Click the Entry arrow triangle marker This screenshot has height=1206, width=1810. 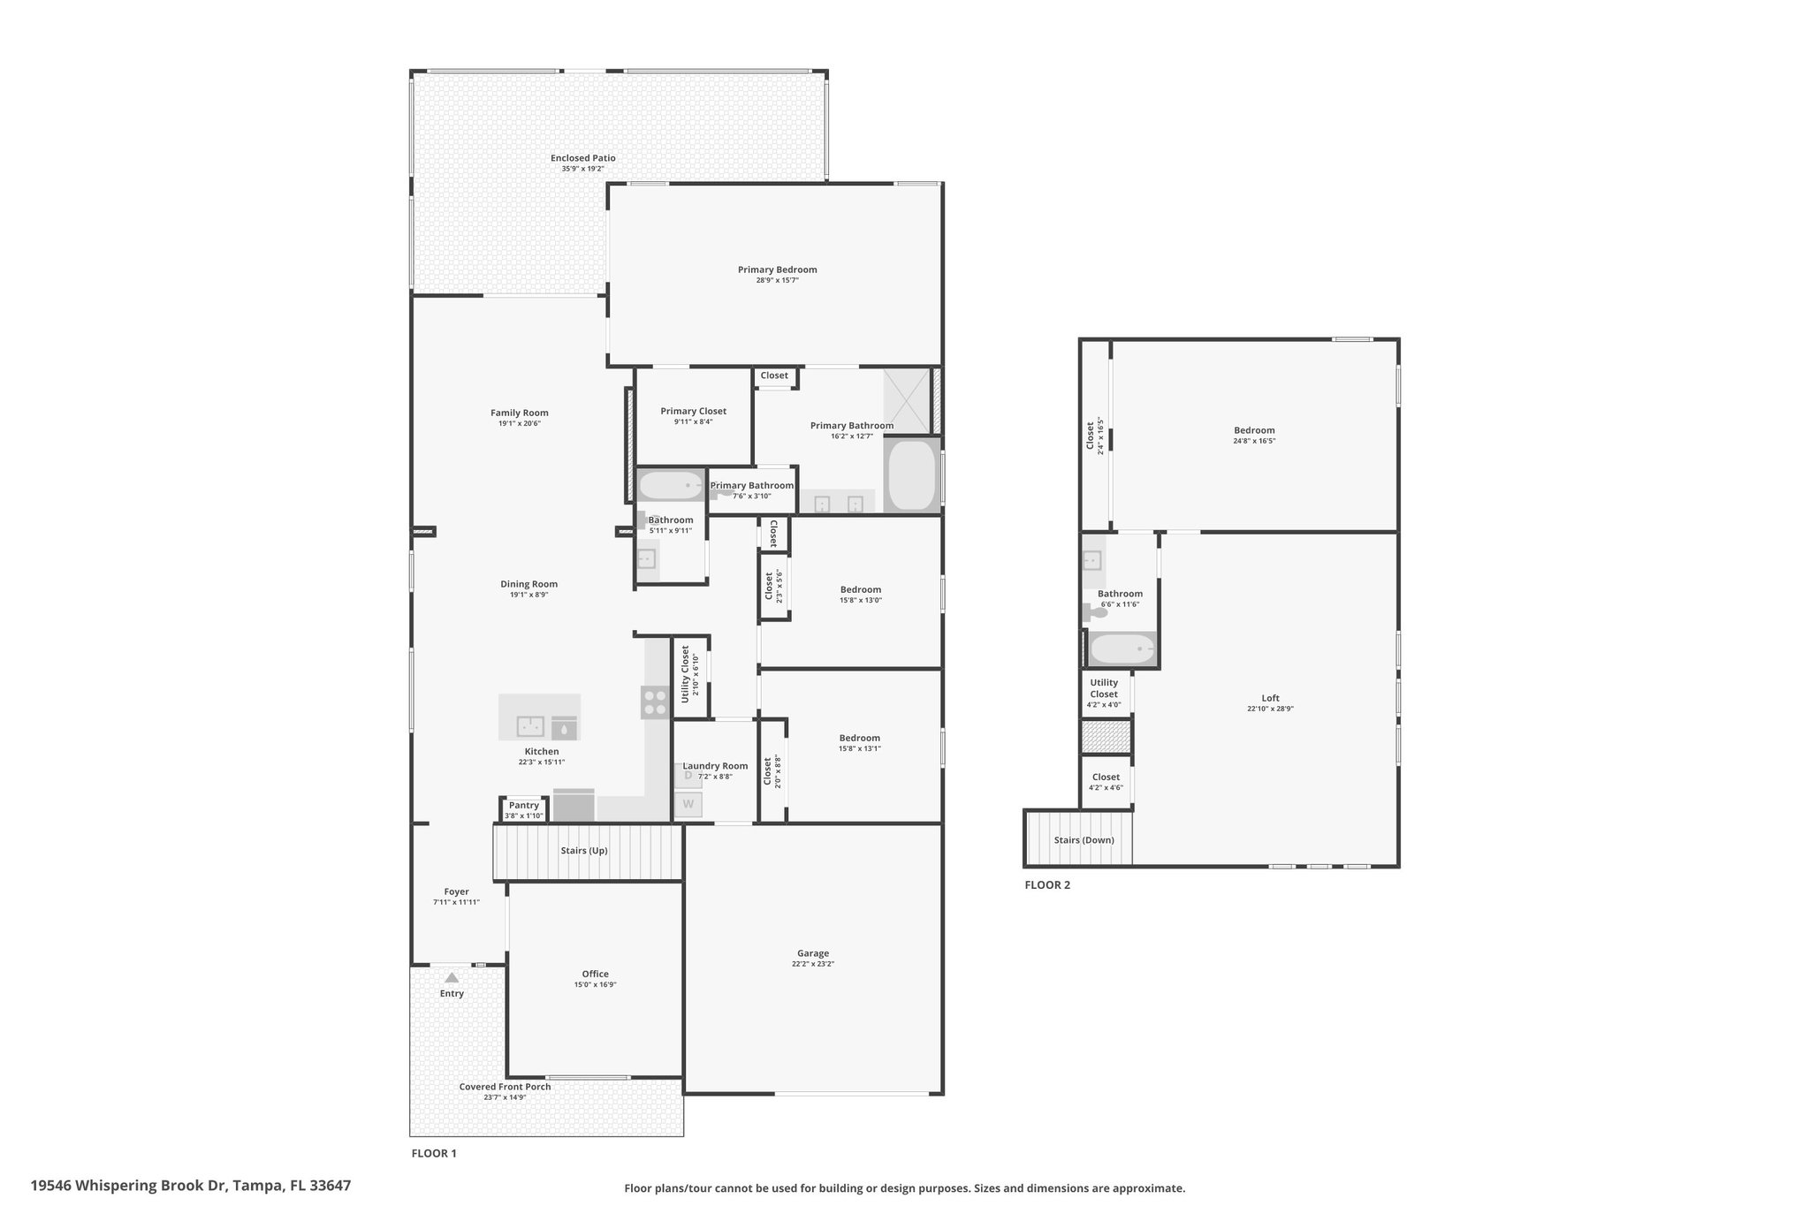coord(452,977)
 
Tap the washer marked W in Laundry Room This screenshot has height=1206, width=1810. coord(688,804)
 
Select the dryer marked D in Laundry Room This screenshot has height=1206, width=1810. coord(688,775)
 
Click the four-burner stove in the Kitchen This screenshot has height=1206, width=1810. coord(655,702)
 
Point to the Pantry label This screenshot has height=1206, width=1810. coord(524,805)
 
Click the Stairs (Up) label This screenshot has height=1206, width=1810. coord(584,851)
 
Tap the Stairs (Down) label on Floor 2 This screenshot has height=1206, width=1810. coord(1084,840)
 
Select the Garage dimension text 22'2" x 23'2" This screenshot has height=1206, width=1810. coord(813,964)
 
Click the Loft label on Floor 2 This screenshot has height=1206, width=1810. coord(1271,698)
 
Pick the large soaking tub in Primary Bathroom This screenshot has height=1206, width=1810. coord(911,475)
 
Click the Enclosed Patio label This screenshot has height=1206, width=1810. coord(583,158)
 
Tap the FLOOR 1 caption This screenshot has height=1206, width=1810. coord(434,1153)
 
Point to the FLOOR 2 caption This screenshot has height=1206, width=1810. coord(1047,884)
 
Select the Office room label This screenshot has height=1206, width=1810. coord(595,974)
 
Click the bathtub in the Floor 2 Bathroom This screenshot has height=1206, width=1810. coord(1122,650)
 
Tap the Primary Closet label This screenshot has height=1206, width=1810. coord(694,411)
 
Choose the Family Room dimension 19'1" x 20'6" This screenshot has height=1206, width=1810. coord(520,423)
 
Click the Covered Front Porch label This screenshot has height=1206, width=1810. coord(505,1087)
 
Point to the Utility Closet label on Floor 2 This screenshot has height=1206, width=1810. coord(1104,688)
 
